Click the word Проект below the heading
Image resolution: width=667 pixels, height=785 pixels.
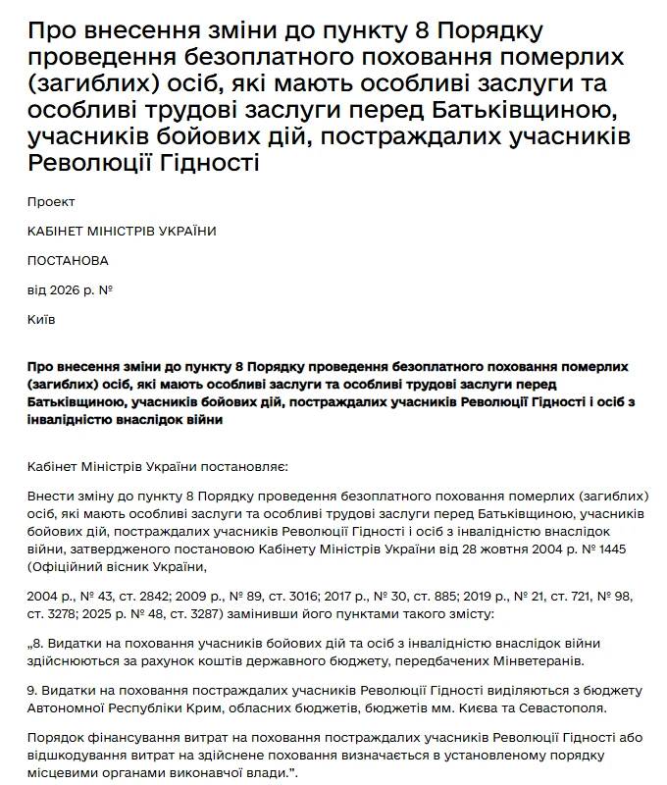coord(52,202)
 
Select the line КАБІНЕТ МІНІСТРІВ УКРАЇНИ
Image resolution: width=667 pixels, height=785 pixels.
coord(122,232)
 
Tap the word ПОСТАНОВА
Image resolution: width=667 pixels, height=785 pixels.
coord(68,261)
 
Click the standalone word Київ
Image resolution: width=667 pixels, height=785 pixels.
coord(42,320)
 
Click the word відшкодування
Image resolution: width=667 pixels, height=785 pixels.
coord(75,756)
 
